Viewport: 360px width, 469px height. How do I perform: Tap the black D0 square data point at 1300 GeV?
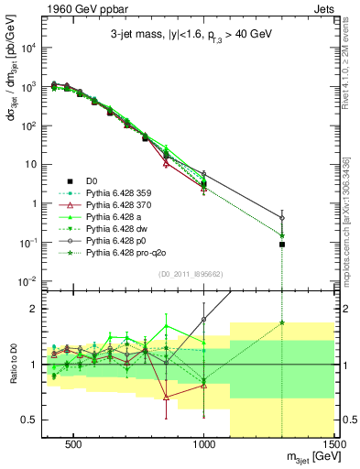pos(282,245)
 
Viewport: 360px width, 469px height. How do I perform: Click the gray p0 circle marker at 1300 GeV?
pos(282,218)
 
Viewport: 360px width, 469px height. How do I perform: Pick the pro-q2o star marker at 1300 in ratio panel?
pos(282,322)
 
